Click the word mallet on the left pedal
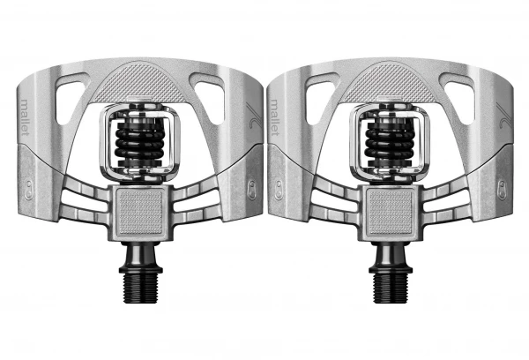click(x=25, y=116)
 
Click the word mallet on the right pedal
click(x=275, y=116)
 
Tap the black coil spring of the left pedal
click(x=139, y=143)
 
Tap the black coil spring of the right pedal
click(x=390, y=143)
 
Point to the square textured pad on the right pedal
click(x=391, y=212)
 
